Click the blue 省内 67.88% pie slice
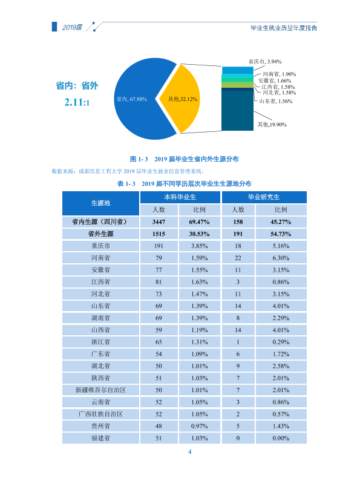[x=134, y=99]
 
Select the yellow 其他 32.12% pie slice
[x=182, y=99]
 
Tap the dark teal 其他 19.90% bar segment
[x=237, y=110]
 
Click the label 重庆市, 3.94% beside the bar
[x=264, y=62]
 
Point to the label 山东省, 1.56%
[x=276, y=101]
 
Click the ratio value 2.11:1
[x=77, y=102]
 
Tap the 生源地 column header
[x=100, y=203]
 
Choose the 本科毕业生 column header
[x=180, y=197]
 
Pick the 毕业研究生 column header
[x=264, y=197]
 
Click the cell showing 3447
[x=159, y=222]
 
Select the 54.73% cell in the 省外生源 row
[x=281, y=234]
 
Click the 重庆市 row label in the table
[x=100, y=246]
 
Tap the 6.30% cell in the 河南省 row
[x=281, y=258]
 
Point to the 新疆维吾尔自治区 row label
[x=100, y=390]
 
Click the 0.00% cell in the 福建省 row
[x=281, y=438]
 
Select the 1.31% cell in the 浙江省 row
[x=200, y=342]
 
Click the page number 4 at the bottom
[x=189, y=451]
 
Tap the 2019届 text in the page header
[x=72, y=27]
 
